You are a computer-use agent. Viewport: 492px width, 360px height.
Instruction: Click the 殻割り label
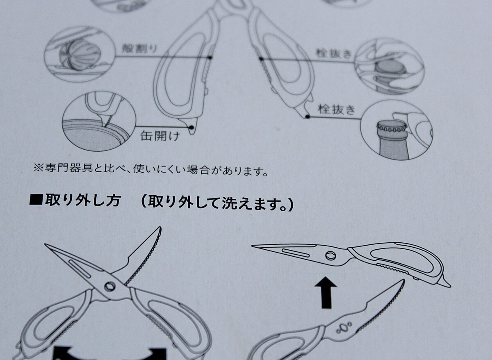tap(140, 48)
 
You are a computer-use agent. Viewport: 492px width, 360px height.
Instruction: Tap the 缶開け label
tap(160, 136)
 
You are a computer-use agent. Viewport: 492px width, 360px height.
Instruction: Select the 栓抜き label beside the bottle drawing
tap(337, 109)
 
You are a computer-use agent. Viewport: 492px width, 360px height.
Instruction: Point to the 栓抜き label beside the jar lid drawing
tap(334, 53)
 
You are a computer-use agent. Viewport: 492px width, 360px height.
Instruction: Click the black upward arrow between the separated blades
tap(326, 293)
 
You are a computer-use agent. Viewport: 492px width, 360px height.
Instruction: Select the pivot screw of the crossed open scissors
tap(110, 287)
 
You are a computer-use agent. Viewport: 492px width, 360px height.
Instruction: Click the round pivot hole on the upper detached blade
tap(330, 256)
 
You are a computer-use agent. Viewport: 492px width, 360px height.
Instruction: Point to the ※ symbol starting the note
tap(39, 168)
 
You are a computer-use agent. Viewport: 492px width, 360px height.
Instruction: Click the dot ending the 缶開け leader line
tap(191, 127)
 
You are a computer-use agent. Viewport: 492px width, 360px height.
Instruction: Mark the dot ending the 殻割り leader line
tap(210, 57)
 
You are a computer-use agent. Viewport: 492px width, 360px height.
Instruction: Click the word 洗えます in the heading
tap(251, 204)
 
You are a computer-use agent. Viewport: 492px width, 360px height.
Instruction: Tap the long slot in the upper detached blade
tap(295, 253)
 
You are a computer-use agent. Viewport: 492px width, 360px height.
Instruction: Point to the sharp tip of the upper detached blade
tap(252, 246)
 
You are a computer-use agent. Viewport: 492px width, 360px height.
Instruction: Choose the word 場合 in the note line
tap(198, 170)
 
